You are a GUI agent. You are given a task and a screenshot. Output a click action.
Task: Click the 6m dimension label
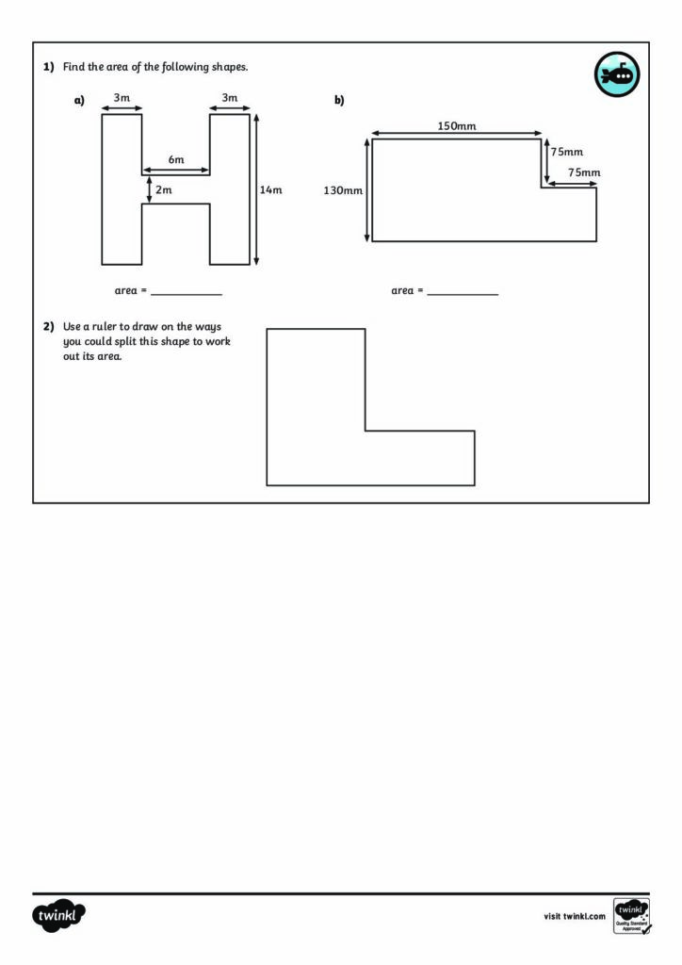tap(176, 159)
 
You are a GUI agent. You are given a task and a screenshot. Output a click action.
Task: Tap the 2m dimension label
tap(164, 189)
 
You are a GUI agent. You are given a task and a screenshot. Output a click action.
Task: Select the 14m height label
tap(270, 189)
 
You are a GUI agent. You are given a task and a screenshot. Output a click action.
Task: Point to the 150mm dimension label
tap(456, 125)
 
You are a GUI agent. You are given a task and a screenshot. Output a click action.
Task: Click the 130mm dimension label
tap(343, 190)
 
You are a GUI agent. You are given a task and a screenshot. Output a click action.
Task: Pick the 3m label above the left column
tap(122, 97)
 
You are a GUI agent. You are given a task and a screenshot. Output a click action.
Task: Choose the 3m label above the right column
tap(230, 97)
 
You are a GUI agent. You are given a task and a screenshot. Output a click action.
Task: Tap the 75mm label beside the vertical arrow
tap(566, 152)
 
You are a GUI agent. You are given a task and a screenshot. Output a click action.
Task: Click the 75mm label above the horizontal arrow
tap(584, 172)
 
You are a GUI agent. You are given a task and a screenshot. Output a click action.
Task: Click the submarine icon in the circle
tap(617, 74)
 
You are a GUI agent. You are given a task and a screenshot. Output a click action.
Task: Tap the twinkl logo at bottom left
tap(58, 915)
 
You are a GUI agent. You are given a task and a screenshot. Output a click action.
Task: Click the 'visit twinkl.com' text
tap(575, 916)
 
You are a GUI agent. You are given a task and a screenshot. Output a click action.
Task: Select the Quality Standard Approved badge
tap(632, 916)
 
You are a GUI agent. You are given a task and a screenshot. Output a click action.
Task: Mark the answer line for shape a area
tap(187, 295)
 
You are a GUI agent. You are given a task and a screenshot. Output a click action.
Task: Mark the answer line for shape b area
tap(463, 295)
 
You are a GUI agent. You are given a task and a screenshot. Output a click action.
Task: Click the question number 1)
tap(49, 67)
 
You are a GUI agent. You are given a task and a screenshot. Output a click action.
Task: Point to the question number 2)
tap(49, 326)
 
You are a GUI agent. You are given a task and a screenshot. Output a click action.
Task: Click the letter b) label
tap(339, 100)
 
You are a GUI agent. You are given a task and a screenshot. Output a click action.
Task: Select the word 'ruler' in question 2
tap(105, 326)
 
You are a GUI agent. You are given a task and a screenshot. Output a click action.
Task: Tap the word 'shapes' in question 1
tap(230, 67)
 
